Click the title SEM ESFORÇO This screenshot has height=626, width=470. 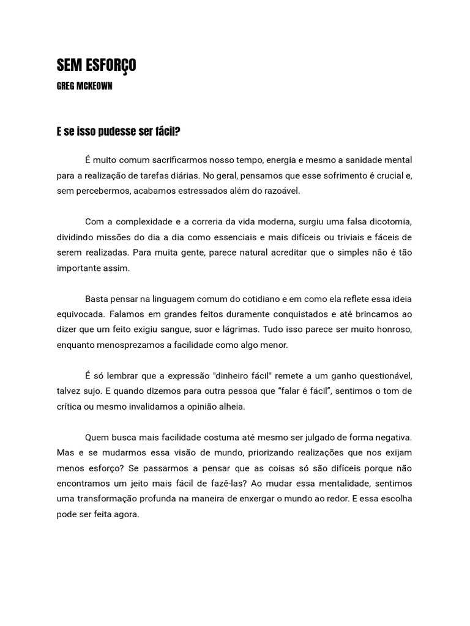pos(96,66)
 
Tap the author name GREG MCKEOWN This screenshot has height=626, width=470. pos(84,86)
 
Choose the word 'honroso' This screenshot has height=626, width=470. pos(394,330)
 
